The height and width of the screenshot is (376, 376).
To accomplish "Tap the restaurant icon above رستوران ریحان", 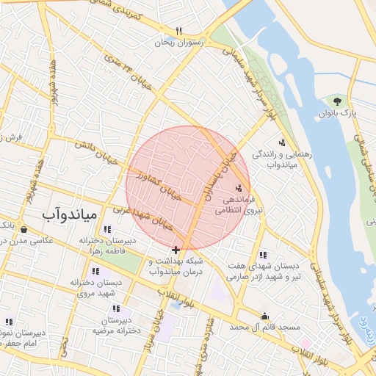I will point(178,31).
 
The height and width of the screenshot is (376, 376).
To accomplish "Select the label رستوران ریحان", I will point(177,43).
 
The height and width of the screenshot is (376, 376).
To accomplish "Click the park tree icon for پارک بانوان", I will point(338,101).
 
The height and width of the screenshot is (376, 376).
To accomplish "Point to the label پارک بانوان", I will point(337,115).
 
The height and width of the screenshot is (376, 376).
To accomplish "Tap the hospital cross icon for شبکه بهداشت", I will point(176,250).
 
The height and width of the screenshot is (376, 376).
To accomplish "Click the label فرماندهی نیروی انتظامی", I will point(235,204).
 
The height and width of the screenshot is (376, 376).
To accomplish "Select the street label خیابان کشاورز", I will point(159,187).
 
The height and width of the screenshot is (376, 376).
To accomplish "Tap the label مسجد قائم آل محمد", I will point(264,326).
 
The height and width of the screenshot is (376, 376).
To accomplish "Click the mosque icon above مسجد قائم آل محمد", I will point(264,317).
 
